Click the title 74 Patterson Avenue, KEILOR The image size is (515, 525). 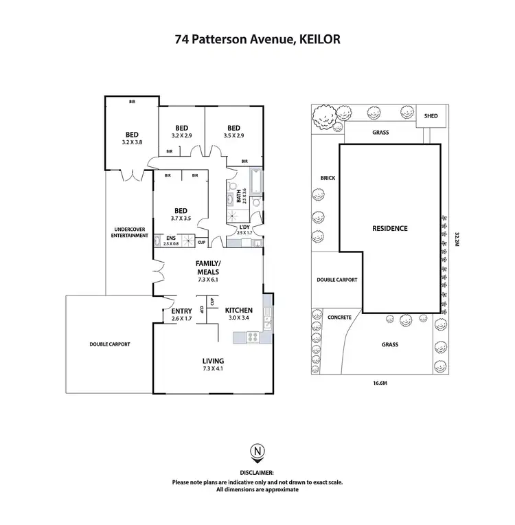[x=257, y=39]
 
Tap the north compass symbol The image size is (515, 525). [x=257, y=451]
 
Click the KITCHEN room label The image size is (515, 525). [x=238, y=311]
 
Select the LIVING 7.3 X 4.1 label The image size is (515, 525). [x=213, y=365]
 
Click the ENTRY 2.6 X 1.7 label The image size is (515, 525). [x=181, y=315]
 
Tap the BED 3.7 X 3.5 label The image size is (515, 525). [x=181, y=214]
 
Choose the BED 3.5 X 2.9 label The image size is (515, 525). [x=233, y=131]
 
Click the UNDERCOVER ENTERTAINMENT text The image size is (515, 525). [x=130, y=232]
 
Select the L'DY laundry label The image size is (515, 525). [x=244, y=230]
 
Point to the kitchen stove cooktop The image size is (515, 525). [x=250, y=337]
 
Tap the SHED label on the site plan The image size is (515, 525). [x=431, y=116]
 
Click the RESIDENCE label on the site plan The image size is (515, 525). [x=390, y=228]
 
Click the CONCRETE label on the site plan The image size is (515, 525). [x=339, y=317]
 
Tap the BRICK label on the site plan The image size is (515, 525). [x=327, y=177]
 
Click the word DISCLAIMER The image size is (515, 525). [x=257, y=473]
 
